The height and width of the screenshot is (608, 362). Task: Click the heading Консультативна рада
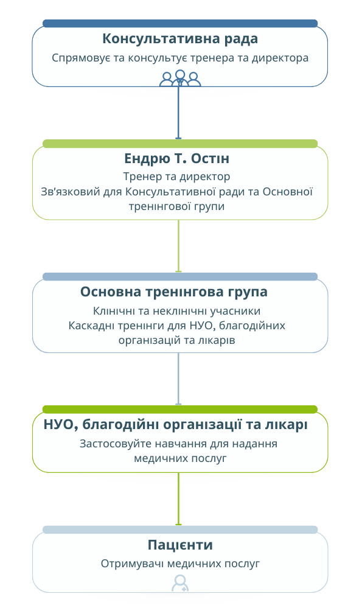(x=180, y=39)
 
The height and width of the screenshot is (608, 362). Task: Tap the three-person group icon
(x=180, y=79)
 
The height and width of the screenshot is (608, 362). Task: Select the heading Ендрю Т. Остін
(x=176, y=159)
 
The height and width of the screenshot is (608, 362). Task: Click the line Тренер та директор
(x=176, y=177)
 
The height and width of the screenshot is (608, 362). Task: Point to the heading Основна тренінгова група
(x=173, y=292)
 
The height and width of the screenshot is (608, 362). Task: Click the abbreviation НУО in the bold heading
(x=58, y=425)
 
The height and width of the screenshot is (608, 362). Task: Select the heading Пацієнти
(x=180, y=545)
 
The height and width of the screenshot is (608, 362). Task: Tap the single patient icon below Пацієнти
(x=180, y=583)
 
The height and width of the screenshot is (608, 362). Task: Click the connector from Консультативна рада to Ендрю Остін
(x=178, y=113)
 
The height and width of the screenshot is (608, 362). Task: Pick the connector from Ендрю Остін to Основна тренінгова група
(x=178, y=246)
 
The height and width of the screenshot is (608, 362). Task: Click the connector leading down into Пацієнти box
(x=178, y=499)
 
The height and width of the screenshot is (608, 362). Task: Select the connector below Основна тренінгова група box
(x=178, y=379)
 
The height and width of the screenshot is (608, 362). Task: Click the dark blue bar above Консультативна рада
(x=180, y=24)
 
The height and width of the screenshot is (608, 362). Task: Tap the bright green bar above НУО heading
(x=180, y=410)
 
